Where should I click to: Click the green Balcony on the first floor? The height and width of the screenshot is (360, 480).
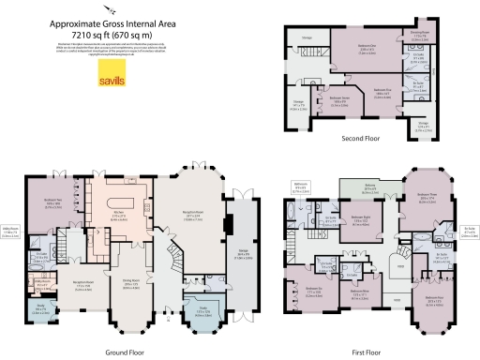pyautogui.click(x=367, y=191)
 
